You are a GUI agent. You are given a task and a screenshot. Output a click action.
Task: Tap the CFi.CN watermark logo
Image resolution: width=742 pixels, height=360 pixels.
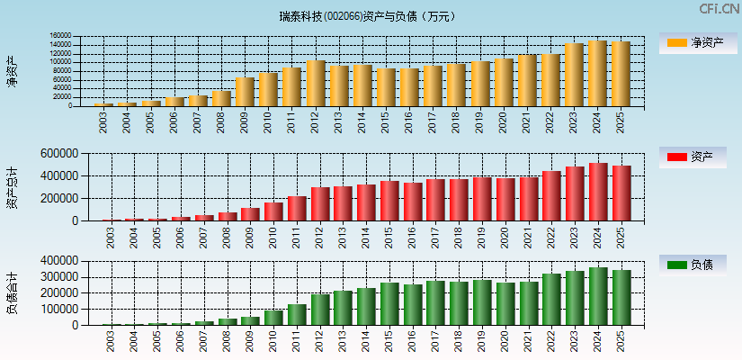coord(720,9)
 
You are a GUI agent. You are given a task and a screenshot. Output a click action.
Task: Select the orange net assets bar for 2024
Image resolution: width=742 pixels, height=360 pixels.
coord(597,73)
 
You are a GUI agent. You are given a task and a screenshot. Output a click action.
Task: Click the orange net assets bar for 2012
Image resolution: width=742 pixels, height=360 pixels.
coord(317,83)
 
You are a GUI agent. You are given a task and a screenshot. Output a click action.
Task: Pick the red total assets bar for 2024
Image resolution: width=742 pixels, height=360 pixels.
coord(597,192)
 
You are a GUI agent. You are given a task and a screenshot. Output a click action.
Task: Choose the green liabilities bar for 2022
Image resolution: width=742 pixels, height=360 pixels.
coord(550,299)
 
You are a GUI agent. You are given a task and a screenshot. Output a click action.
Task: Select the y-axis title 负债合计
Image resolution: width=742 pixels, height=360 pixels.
coord(13,292)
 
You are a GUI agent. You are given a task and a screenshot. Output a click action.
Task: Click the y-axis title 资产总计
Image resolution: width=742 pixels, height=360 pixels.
coord(13,187)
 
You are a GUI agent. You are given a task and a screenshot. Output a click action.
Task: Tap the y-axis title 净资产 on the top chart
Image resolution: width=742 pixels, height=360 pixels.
coord(13,71)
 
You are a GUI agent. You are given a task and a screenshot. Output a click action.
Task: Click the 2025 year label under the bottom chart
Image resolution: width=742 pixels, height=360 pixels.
coord(621,339)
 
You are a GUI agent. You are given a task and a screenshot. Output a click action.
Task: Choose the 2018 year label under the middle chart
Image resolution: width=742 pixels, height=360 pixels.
coord(457,236)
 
